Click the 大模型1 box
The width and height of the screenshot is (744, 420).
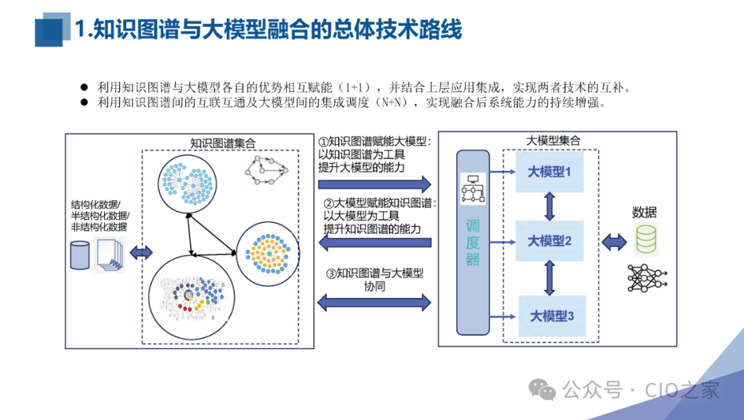(x=549, y=172)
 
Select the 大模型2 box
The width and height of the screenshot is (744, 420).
(x=549, y=241)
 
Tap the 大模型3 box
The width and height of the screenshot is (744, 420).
(x=551, y=316)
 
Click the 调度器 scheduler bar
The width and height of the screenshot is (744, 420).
(x=473, y=242)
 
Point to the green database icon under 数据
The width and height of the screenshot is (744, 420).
(x=646, y=238)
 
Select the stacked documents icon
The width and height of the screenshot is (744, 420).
(x=108, y=256)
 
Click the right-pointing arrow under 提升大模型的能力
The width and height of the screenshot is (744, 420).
(x=374, y=184)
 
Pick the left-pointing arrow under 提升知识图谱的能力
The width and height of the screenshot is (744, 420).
(x=374, y=242)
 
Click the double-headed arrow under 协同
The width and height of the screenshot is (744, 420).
(x=374, y=301)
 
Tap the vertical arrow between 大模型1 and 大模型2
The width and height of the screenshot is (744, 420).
(x=550, y=206)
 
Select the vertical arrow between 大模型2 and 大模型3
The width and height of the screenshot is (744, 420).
(x=550, y=277)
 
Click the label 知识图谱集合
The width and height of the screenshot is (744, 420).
(x=223, y=143)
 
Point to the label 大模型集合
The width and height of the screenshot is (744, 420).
(x=552, y=140)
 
